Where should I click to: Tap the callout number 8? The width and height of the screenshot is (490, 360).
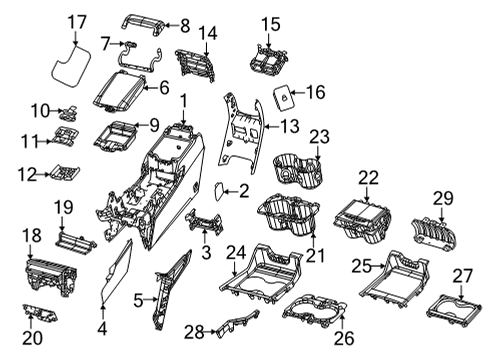(x=183, y=24)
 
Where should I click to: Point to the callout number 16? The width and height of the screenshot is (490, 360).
(x=315, y=92)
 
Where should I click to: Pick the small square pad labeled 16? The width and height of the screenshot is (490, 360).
(x=283, y=96)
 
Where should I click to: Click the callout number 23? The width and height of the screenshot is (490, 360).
(x=318, y=137)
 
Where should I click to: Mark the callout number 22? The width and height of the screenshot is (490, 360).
(x=369, y=177)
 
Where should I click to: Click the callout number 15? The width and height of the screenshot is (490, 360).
(x=271, y=23)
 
